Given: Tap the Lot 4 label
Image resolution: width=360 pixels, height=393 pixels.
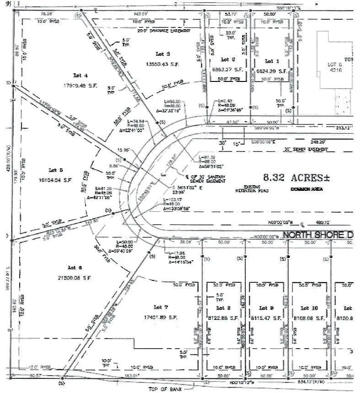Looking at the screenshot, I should pyautogui.click(x=80, y=75).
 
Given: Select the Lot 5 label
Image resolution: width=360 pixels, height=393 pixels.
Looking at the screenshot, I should pyautogui.click(x=54, y=169).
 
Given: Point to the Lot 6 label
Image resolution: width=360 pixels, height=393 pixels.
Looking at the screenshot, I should pyautogui.click(x=75, y=267).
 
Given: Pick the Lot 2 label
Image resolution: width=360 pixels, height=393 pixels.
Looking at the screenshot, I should pyautogui.click(x=228, y=60).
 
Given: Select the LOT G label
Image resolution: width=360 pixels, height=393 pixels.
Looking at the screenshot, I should pyautogui.click(x=332, y=65).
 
